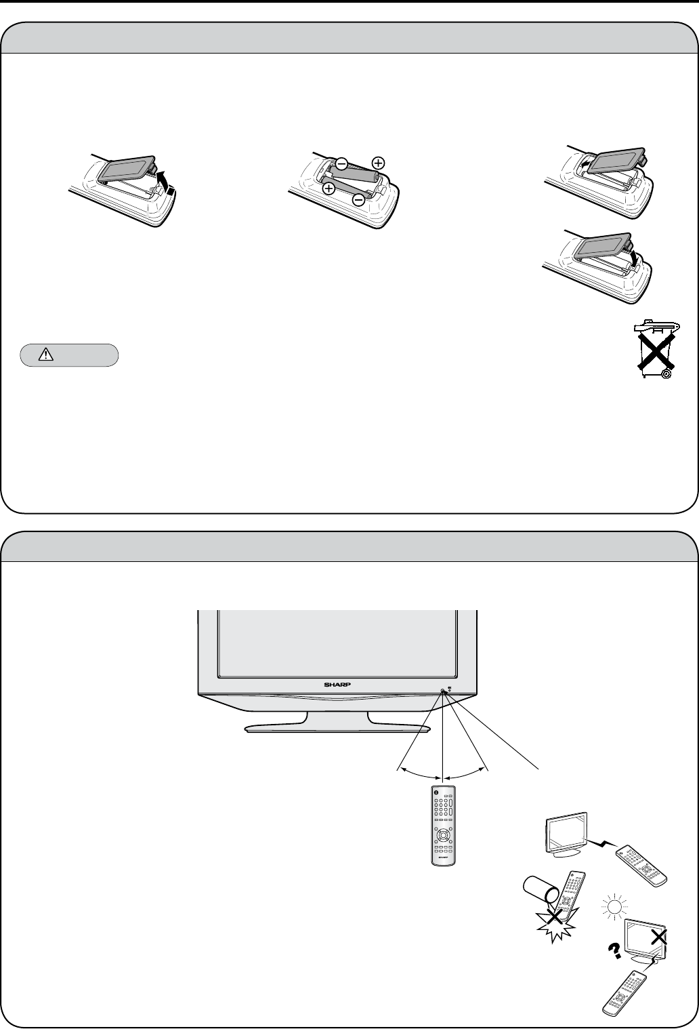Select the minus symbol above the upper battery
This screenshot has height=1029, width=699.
point(343,163)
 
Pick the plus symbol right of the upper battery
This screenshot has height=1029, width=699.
point(377,163)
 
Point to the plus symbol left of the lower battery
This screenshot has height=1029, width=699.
point(328,188)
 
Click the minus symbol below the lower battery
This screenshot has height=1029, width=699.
point(358,199)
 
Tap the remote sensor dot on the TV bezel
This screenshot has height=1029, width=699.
point(442,690)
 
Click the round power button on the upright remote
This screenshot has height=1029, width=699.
point(437,792)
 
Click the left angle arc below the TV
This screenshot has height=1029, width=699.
point(420,773)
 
